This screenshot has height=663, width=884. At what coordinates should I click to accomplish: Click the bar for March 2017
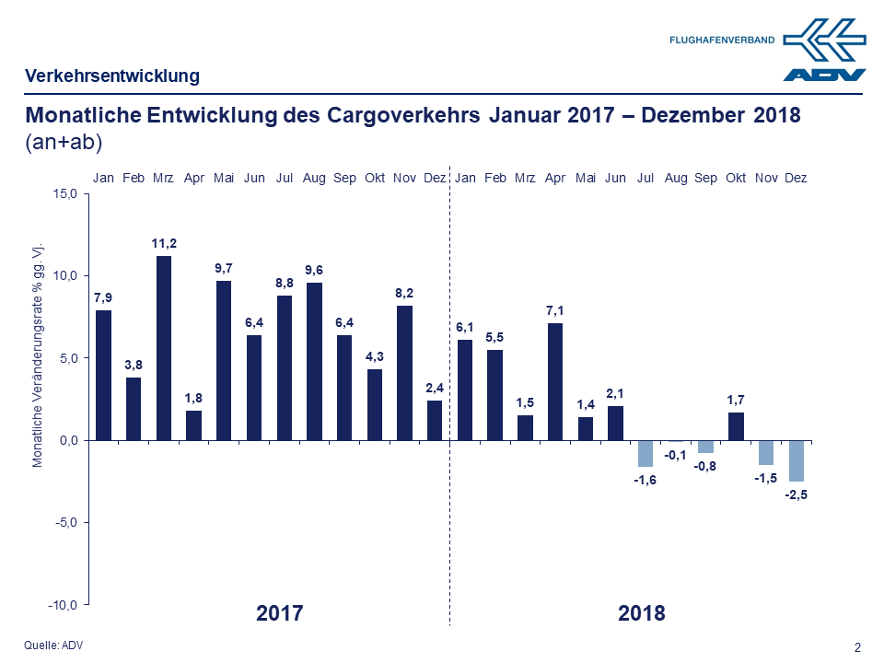click(x=164, y=348)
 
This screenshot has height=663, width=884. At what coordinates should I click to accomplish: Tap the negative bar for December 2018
click(x=796, y=460)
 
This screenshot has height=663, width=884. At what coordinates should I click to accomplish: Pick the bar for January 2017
click(x=104, y=375)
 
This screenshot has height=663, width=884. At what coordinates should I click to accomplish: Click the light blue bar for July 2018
click(x=646, y=453)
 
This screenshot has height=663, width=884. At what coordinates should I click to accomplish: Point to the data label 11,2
click(x=164, y=243)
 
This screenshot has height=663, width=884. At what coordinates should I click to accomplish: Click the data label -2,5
click(x=796, y=494)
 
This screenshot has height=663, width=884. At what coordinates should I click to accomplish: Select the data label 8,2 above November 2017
click(x=404, y=293)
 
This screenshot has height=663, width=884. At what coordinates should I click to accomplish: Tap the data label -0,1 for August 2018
click(x=676, y=455)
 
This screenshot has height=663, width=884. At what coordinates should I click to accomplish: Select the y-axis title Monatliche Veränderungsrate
click(x=39, y=355)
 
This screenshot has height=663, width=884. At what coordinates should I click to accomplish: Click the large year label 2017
click(x=279, y=613)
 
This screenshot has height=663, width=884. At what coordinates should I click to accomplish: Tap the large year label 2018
click(x=641, y=613)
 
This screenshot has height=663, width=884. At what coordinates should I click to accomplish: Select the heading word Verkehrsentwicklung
click(x=112, y=76)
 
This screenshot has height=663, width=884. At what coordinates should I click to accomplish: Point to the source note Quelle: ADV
click(x=53, y=646)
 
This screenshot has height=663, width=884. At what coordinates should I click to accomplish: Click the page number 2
click(x=858, y=647)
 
